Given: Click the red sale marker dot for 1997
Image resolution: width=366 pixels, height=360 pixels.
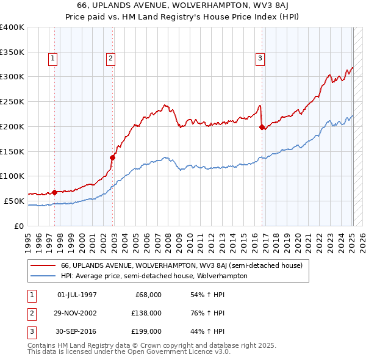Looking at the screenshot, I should click(x=54, y=192).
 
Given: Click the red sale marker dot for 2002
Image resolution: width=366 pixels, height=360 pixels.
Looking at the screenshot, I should click(x=113, y=157).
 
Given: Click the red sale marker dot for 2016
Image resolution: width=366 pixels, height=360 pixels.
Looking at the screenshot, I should click(x=262, y=127).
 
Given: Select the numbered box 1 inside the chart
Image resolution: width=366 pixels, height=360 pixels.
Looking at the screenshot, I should click(x=53, y=59).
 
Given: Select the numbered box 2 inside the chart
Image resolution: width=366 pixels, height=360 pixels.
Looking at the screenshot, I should click(x=110, y=59).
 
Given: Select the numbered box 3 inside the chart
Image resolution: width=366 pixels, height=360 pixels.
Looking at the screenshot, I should click(x=260, y=59).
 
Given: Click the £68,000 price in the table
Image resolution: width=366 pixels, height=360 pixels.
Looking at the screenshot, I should click(x=146, y=295).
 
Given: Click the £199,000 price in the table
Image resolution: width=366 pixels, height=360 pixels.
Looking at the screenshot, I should click(x=146, y=331).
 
